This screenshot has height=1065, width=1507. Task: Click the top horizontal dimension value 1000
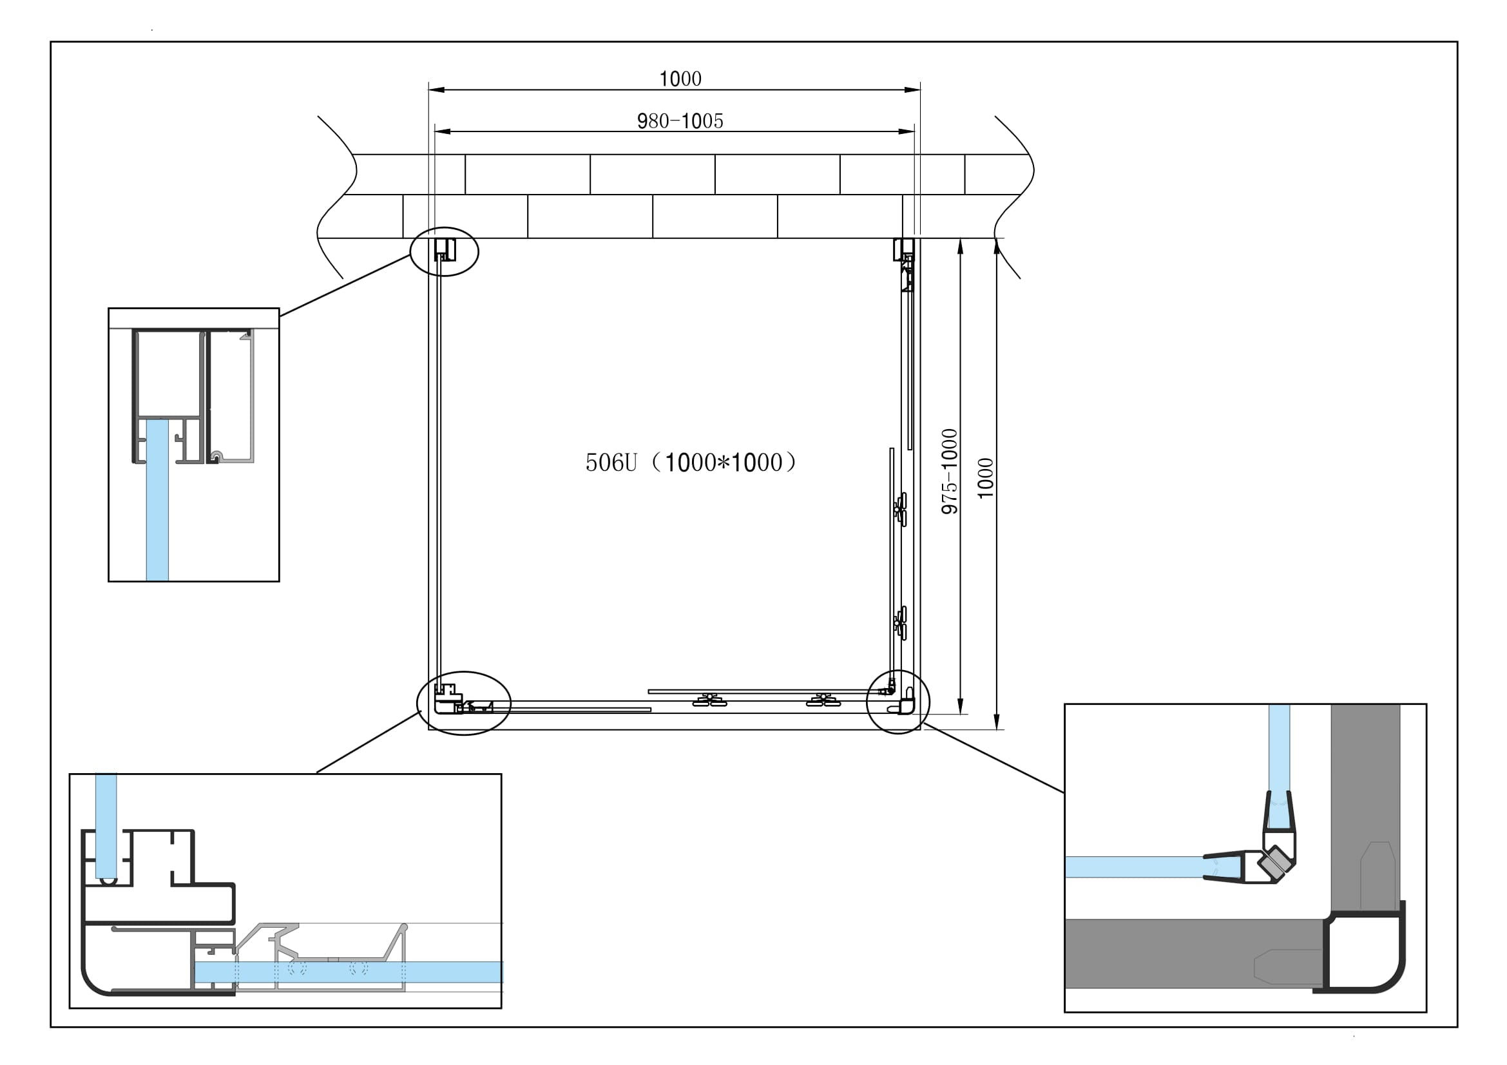pyautogui.click(x=680, y=79)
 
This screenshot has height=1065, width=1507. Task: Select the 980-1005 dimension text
pyautogui.click(x=680, y=121)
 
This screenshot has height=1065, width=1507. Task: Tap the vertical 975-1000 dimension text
pyautogui.click(x=950, y=471)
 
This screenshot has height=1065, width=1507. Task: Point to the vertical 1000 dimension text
pyautogui.click(x=986, y=477)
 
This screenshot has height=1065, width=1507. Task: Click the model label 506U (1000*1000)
pyautogui.click(x=691, y=463)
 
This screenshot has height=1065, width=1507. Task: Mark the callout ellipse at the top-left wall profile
pyautogui.click(x=445, y=251)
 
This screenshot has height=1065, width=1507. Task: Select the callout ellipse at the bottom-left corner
pyautogui.click(x=464, y=703)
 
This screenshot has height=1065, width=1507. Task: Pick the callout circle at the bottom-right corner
pyautogui.click(x=898, y=702)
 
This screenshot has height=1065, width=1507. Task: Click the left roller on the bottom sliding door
pyautogui.click(x=709, y=700)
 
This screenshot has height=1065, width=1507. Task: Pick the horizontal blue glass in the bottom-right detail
pyautogui.click(x=1129, y=867)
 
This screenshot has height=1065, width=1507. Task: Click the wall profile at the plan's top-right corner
pyautogui.click(x=905, y=250)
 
